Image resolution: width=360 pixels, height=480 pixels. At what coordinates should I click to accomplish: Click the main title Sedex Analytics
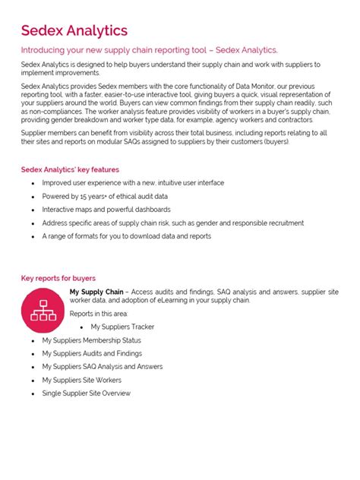[x=74, y=30]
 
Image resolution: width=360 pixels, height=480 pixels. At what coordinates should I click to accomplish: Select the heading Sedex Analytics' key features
[x=70, y=169]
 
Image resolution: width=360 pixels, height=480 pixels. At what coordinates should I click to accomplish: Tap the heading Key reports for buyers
[x=58, y=279]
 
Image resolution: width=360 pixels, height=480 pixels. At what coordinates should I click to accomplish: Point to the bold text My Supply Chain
[x=96, y=292]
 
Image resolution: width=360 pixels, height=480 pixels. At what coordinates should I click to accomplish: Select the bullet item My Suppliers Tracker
[x=122, y=327]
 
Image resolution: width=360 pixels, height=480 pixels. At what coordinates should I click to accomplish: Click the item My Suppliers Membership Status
[x=91, y=340]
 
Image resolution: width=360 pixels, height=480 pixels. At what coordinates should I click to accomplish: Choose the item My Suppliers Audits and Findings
[x=92, y=353]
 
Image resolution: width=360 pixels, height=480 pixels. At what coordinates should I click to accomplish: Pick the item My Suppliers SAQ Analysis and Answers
[x=103, y=367]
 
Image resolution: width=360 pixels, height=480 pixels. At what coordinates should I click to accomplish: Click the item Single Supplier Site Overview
[x=87, y=393]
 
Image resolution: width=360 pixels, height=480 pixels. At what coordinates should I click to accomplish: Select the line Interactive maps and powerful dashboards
[x=106, y=209]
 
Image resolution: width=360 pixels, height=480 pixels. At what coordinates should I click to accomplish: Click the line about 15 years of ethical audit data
[x=103, y=196]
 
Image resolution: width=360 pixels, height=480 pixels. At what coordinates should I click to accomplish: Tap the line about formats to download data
[x=127, y=236]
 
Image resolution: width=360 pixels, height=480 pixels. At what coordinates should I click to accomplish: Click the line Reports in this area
[x=99, y=313]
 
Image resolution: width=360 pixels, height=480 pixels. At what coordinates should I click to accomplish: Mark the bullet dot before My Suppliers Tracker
[x=81, y=327]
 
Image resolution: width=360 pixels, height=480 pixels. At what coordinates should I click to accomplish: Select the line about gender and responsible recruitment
[x=172, y=223]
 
